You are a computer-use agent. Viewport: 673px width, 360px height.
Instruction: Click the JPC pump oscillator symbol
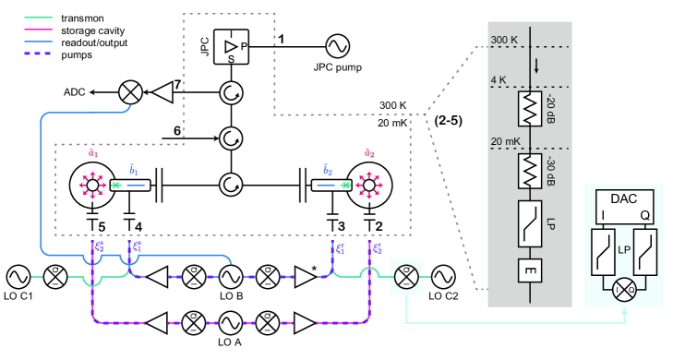point(337,46)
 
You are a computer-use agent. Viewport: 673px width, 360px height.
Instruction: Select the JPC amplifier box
point(232,47)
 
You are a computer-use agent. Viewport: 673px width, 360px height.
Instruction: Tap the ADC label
point(74,92)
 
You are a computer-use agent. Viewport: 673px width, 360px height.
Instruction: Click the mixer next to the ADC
point(130,92)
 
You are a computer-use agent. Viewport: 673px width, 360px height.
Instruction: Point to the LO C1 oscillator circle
point(18,277)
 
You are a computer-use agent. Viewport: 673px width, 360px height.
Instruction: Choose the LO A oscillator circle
point(231,323)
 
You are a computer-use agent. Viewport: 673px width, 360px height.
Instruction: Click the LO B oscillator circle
point(231,277)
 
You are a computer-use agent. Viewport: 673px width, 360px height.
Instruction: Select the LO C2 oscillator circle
point(443,277)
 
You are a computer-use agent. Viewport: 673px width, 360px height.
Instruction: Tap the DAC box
point(624,207)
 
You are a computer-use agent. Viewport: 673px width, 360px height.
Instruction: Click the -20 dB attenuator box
point(530,109)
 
